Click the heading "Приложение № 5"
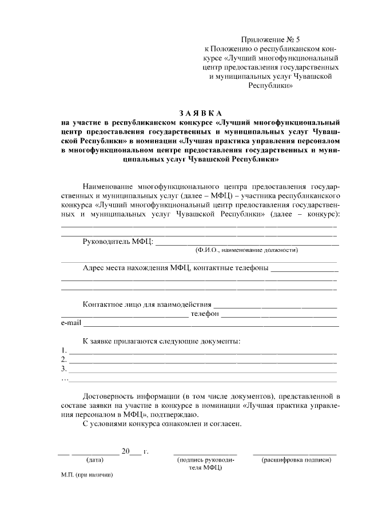coord(271,39)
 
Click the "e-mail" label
coord(71,324)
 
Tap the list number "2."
coord(64,360)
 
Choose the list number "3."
coord(64,369)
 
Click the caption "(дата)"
coord(94,460)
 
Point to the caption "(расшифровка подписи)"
coord(295,460)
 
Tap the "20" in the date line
coord(125,451)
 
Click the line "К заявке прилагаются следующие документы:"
coord(161,341)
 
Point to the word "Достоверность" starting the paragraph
coord(109,395)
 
